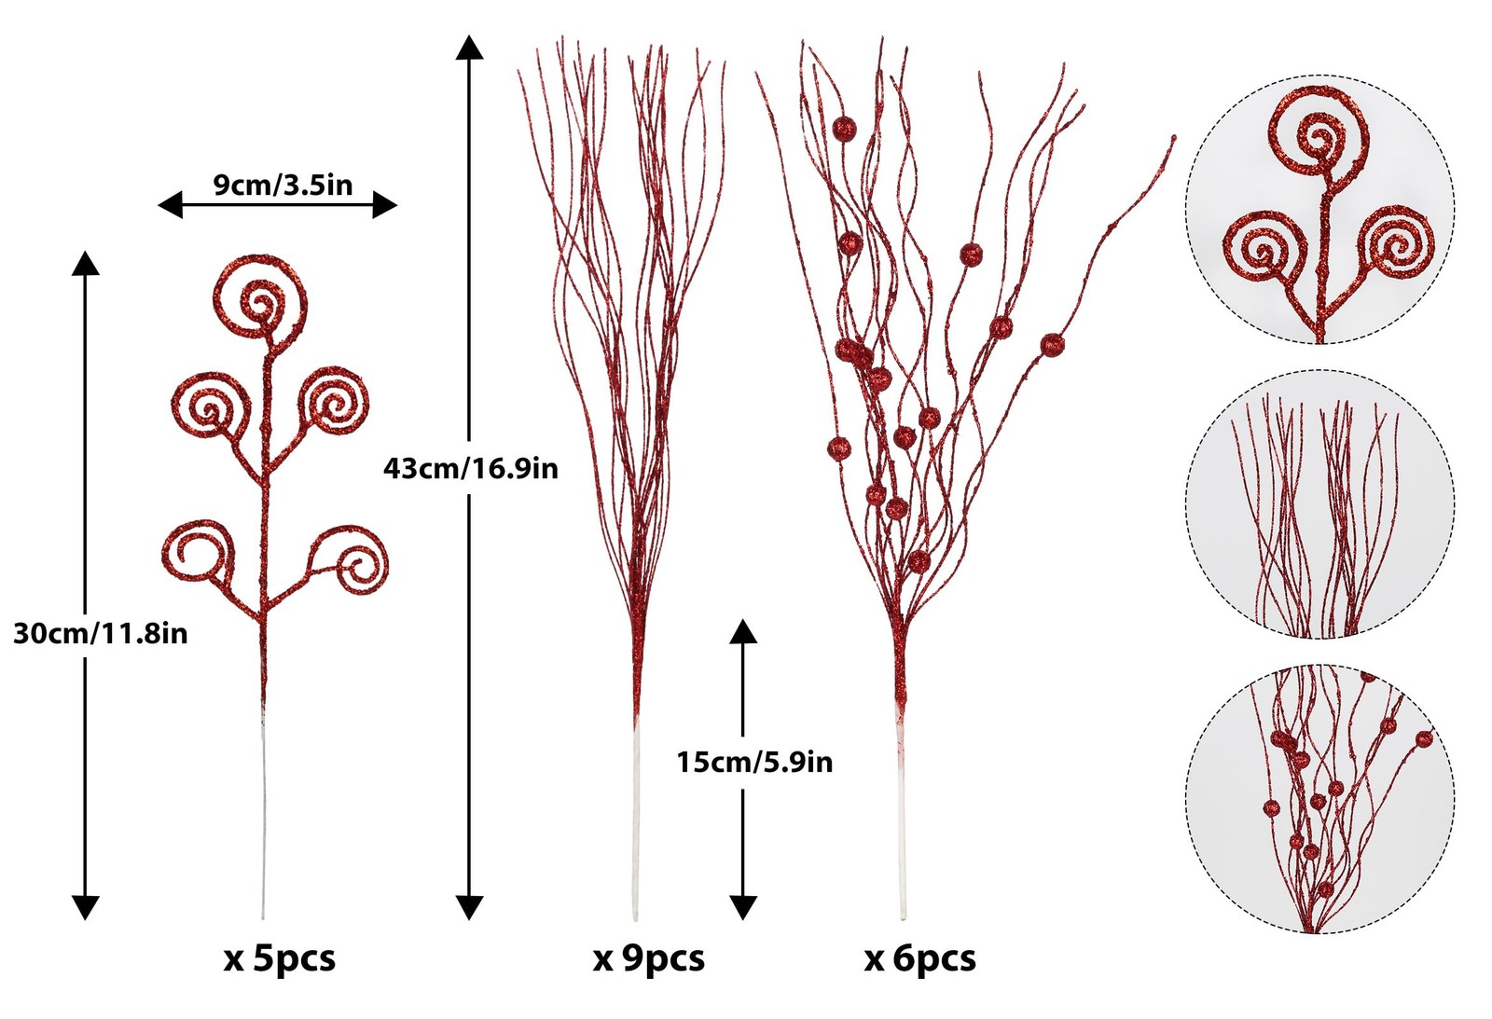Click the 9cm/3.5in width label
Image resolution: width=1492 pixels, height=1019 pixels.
[283, 185]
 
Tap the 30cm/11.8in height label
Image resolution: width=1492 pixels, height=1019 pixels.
[101, 633]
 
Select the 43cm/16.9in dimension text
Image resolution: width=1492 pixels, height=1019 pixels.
[470, 469]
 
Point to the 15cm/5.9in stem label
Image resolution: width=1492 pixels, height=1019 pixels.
[754, 762]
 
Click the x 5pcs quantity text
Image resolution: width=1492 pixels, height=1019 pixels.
[280, 959]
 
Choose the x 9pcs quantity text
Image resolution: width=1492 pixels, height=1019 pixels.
[649, 959]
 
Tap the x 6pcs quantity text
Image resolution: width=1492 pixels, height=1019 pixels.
[919, 959]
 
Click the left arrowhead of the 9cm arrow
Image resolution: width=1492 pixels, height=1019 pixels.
[170, 204]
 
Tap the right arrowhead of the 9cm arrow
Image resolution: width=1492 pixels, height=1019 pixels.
[385, 204]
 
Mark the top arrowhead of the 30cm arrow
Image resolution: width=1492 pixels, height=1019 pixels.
[85, 263]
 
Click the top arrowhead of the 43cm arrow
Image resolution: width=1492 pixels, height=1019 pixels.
[470, 48]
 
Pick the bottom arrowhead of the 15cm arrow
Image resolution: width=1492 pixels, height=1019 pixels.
[743, 907]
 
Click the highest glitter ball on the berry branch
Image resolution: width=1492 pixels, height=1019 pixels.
[845, 129]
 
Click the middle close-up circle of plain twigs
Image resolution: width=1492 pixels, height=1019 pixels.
[1319, 504]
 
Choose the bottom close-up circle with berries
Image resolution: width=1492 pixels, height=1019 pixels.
[1319, 799]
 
